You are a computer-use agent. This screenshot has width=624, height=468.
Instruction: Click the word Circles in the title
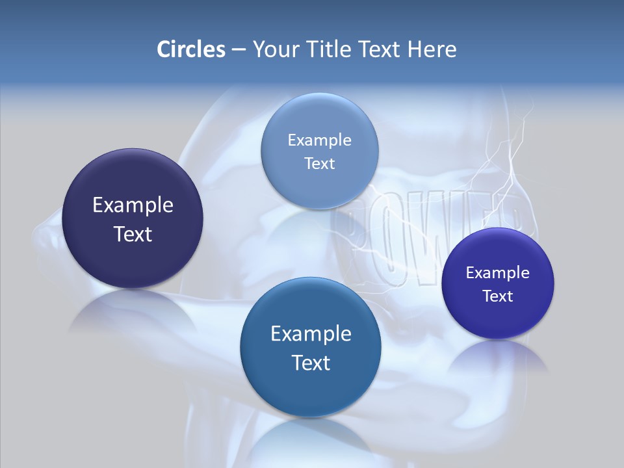pos(191,49)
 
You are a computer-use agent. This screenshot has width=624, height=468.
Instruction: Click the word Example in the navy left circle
pos(133,205)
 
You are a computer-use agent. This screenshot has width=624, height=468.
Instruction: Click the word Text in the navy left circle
pos(133,234)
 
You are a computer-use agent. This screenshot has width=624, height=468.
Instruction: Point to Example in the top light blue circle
pos(320,140)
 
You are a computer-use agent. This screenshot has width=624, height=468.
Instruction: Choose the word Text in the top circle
pos(320,163)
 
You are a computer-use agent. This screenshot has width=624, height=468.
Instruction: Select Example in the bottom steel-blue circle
pos(311,334)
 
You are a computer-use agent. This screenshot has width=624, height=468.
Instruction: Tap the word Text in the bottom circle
pos(311,363)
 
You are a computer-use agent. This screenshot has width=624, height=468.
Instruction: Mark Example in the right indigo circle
pos(498,272)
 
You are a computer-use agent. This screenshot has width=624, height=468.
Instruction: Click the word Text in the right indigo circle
pos(498,296)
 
